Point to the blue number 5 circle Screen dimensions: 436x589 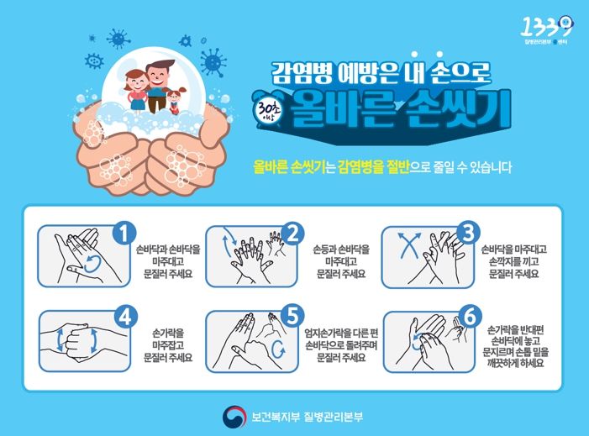pos(293,317)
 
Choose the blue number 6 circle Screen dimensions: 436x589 pos(471,317)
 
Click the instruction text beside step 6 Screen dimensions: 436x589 pos(516,344)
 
